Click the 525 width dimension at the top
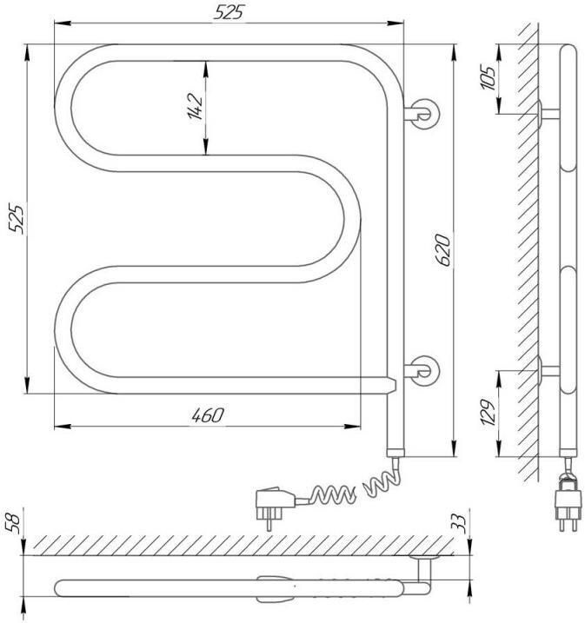[x=228, y=12]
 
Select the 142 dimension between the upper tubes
[x=195, y=106]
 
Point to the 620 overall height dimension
[x=442, y=250]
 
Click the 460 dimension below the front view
[x=208, y=415]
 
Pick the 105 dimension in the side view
[x=488, y=77]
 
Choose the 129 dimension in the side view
[x=488, y=412]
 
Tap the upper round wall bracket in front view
[x=422, y=114]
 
